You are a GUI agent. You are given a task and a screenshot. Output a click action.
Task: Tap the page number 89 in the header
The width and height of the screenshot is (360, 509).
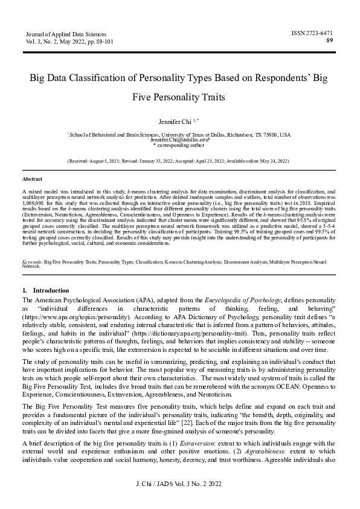(x=329, y=41)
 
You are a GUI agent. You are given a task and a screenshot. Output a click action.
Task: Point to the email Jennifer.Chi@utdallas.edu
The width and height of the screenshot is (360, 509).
(x=179, y=140)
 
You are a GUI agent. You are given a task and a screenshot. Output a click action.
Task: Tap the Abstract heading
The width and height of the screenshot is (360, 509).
(x=32, y=180)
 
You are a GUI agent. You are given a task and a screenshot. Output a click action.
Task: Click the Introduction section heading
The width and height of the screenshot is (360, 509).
(x=51, y=290)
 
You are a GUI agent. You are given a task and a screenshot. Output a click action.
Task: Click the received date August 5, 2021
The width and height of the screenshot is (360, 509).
(x=112, y=161)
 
